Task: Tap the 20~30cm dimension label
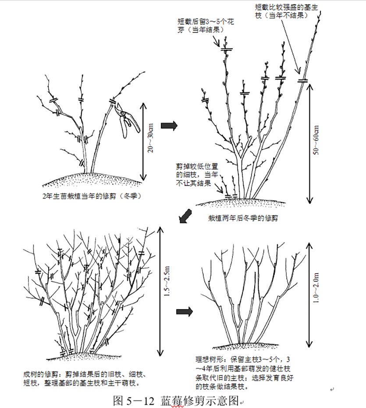click(x=151, y=138)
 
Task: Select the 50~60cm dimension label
click(x=316, y=140)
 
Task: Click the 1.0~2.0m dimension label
click(x=316, y=288)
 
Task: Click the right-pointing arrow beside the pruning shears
click(x=169, y=126)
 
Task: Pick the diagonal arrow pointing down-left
click(x=185, y=216)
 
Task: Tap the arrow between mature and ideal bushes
click(x=185, y=311)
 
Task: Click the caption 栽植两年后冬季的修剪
click(x=243, y=218)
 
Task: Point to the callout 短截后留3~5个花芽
click(x=206, y=25)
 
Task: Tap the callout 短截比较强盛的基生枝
click(x=286, y=11)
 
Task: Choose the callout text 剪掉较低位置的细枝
click(x=197, y=175)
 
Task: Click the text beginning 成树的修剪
click(x=85, y=379)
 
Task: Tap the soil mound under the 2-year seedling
click(x=92, y=179)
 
